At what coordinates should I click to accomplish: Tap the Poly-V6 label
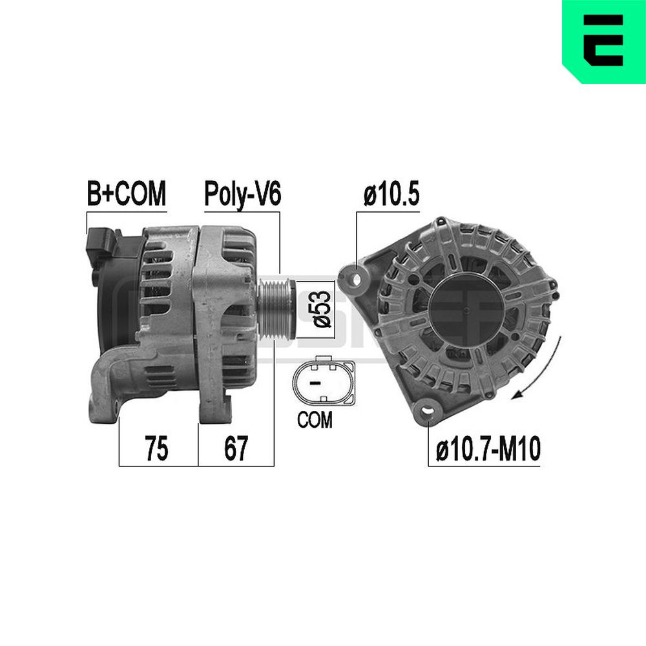(243, 194)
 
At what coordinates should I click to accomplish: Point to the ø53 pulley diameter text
(322, 309)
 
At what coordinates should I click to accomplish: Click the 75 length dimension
(156, 448)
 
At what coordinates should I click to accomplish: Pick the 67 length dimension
(236, 448)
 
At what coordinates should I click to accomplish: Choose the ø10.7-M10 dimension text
(488, 449)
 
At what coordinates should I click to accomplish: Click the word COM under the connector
(315, 420)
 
